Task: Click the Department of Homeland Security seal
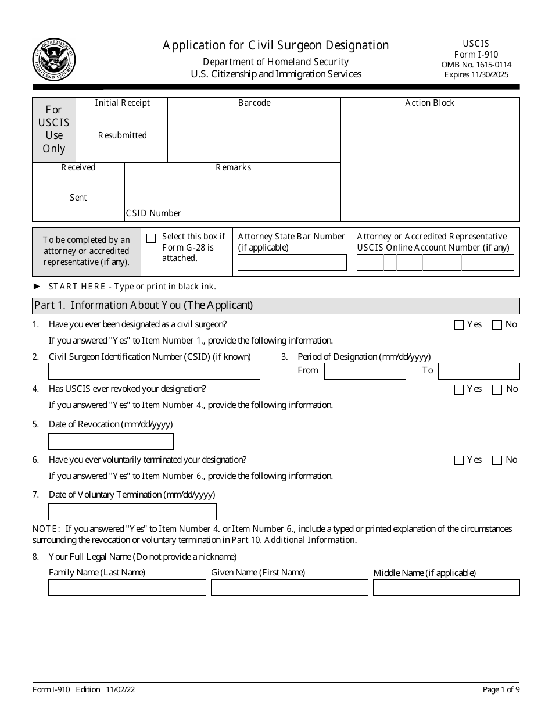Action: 54,60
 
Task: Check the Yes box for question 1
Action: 459,325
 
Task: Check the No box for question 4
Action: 497,389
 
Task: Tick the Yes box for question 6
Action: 459,460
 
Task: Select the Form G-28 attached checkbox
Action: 151,238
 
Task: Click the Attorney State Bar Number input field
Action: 292,263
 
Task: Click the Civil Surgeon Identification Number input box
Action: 154,371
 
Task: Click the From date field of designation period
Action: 365,371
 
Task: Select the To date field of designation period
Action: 479,371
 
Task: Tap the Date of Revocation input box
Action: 111,442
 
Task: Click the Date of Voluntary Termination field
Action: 132,512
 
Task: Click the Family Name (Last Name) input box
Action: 127,588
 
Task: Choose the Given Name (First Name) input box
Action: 289,588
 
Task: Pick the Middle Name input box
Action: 446,588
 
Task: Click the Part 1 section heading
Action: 144,305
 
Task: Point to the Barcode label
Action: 255,103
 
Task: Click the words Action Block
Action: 430,103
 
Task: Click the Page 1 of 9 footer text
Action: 501,690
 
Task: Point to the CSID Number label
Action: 153,213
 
